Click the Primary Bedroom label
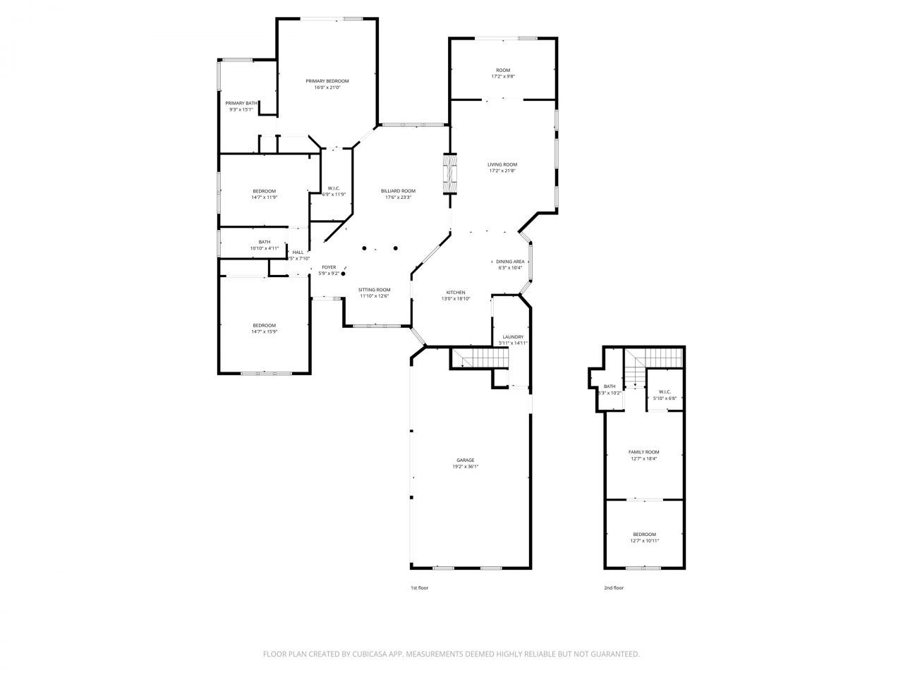(x=327, y=81)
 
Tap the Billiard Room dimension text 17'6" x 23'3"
(x=398, y=197)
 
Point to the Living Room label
(x=502, y=164)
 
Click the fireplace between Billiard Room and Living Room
(x=449, y=173)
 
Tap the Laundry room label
(x=513, y=337)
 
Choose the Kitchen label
(x=455, y=293)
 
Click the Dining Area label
(x=510, y=262)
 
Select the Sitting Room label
(x=374, y=290)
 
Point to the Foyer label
(x=329, y=267)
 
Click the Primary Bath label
(x=241, y=103)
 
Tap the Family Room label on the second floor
(x=643, y=452)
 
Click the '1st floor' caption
(x=419, y=587)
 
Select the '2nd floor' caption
(x=613, y=587)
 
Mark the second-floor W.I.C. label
(x=664, y=392)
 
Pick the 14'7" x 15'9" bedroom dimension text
(x=264, y=331)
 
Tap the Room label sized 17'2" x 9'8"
(x=502, y=70)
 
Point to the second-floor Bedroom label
(x=643, y=535)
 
